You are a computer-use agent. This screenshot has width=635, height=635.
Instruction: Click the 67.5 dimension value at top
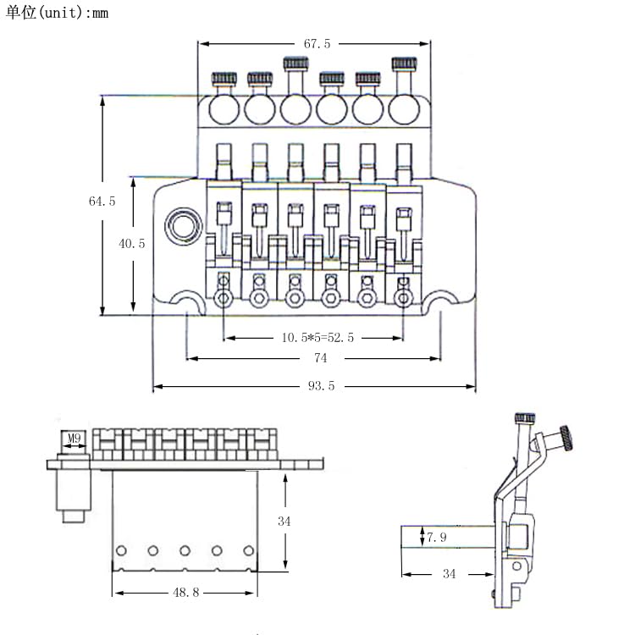coord(317,44)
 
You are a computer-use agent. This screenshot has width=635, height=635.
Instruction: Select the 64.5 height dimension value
coord(102,201)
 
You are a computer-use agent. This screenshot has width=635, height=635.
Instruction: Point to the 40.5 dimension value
coord(131,243)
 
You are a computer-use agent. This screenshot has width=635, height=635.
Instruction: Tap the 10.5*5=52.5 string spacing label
coord(317,337)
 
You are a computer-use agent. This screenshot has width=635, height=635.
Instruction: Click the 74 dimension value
coord(320,358)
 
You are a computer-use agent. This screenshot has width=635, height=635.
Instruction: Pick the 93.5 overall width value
coord(321,385)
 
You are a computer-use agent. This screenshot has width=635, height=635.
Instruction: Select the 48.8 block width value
coord(186,593)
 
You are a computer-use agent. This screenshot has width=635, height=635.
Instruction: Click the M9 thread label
coord(75,438)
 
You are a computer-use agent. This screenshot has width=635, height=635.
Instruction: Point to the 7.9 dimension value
coord(437,538)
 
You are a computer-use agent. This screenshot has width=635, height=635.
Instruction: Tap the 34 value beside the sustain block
coord(284,522)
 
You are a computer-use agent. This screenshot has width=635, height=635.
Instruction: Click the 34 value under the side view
coord(449,574)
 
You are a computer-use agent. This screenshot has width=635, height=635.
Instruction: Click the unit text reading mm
coord(100,14)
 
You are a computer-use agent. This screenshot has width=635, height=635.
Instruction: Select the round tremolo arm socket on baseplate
coord(184,226)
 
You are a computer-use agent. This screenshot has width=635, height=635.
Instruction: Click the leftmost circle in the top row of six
coord(224,109)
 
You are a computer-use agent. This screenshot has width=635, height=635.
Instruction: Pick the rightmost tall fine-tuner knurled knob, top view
coord(404,63)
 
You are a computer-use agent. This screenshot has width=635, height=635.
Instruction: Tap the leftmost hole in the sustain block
coord(121,551)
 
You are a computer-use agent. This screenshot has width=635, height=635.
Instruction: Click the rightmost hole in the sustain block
coord(249,551)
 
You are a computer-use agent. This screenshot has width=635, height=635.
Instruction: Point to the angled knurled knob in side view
coord(566,439)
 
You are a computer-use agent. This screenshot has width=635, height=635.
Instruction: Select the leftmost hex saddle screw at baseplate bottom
coord(224,299)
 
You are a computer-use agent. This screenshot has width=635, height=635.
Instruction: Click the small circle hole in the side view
coord(516,566)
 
